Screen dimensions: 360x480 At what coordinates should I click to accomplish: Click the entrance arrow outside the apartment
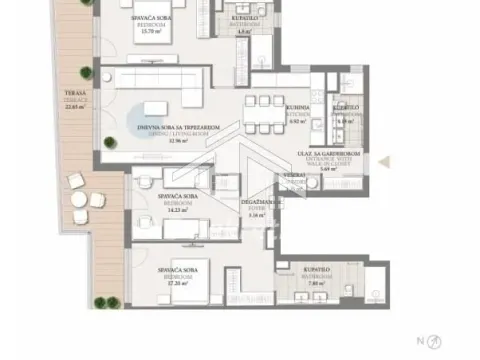[399, 159]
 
